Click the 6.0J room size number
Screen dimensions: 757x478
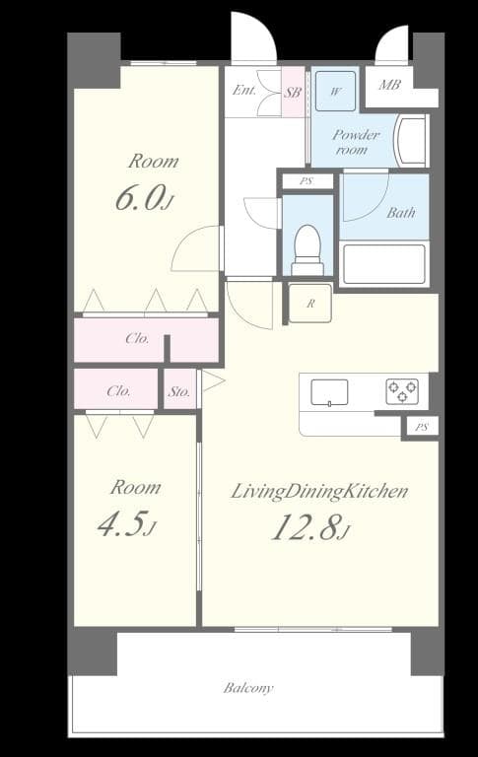144,197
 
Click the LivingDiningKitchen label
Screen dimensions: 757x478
319,492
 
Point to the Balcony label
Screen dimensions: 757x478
247,688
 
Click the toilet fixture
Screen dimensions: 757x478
307,249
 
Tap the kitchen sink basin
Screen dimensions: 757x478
329,392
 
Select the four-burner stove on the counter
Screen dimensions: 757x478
401,391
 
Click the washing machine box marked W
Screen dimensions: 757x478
336,92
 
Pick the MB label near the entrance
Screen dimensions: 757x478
390,85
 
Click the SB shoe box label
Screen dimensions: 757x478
293,92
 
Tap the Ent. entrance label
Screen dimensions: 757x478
243,91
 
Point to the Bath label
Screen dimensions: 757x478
400,212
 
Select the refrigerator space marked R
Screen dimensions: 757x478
310,304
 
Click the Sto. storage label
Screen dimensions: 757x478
178,390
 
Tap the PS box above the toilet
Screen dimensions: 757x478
307,181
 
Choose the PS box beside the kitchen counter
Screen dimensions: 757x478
421,427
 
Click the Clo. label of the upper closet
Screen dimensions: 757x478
137,338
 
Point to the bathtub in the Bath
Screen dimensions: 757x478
383,263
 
